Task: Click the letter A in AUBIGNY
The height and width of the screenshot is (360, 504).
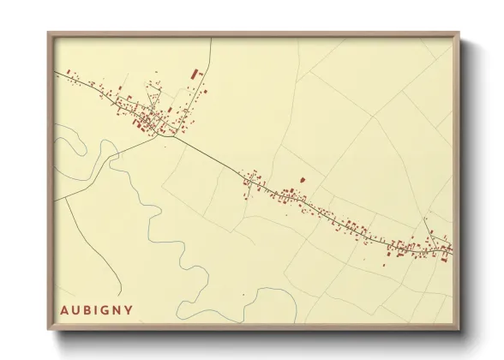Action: tap(64, 309)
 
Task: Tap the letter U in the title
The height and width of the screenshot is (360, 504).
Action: tap(76, 309)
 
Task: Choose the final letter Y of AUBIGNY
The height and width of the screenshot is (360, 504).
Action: tap(129, 309)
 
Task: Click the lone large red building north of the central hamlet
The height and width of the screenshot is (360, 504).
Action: tap(301, 179)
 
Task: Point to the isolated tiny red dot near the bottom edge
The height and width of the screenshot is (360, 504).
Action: tap(243, 295)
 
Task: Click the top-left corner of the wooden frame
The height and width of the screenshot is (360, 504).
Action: tap(49, 33)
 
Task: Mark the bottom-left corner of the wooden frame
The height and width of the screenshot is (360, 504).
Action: tap(49, 329)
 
